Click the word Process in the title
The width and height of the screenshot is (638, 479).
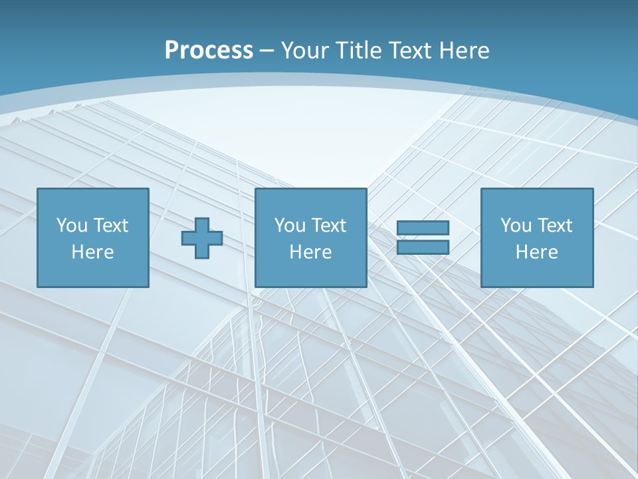click(209, 51)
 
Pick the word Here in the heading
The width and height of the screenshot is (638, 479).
click(465, 51)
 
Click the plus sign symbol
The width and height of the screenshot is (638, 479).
click(202, 238)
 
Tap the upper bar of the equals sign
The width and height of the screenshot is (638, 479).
click(423, 228)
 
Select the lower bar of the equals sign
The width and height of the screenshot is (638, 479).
click(423, 247)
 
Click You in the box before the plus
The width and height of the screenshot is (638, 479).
click(72, 226)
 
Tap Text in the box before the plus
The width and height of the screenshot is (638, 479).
click(110, 226)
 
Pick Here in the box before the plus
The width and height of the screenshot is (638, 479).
click(92, 252)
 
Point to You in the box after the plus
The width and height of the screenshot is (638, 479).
click(290, 226)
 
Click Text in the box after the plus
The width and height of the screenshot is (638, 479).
click(328, 226)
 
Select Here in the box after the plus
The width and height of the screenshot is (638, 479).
click(310, 252)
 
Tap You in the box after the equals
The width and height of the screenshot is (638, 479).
click(516, 226)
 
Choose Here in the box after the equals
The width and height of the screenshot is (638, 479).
click(536, 252)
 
